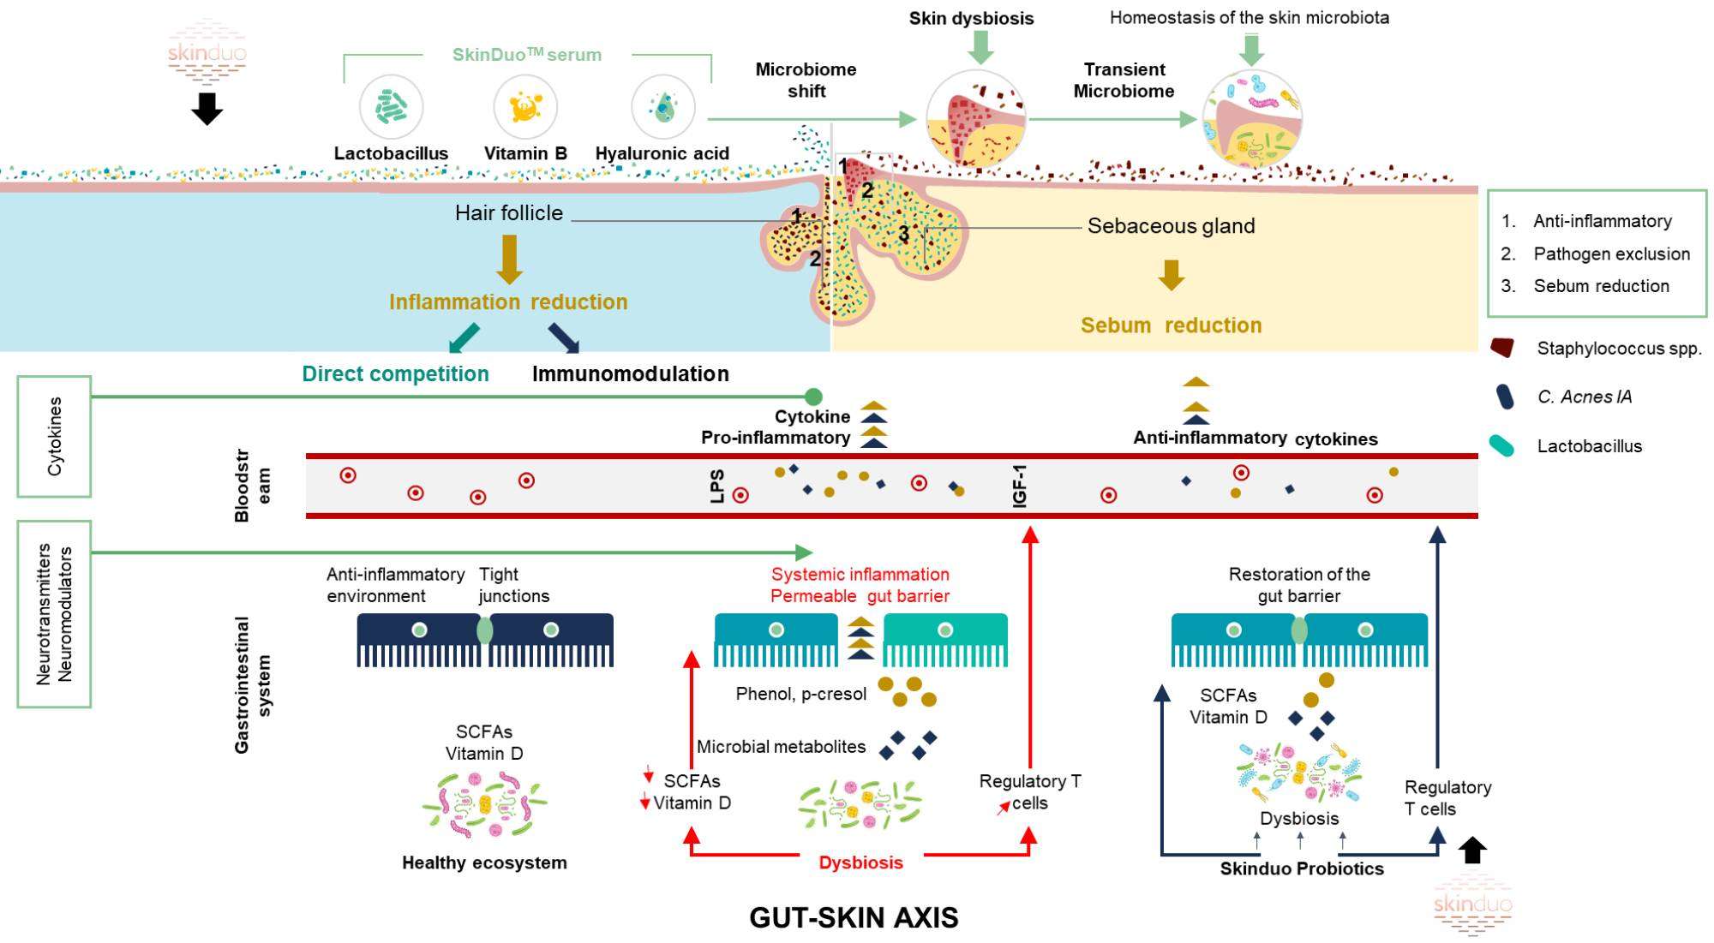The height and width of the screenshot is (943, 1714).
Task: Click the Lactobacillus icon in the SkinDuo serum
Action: [391, 108]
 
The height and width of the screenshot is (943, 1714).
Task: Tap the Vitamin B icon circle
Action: [525, 108]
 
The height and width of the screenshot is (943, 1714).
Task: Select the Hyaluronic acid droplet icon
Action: [662, 108]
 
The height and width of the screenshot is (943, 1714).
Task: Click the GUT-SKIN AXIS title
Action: [854, 917]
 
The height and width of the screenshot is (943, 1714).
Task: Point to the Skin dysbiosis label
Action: [971, 18]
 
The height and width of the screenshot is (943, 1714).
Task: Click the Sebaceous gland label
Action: [1171, 226]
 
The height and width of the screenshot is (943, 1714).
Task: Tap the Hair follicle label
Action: [509, 213]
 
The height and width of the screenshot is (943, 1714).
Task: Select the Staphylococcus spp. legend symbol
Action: [1502, 348]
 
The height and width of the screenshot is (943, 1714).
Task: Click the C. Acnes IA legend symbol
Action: [1503, 397]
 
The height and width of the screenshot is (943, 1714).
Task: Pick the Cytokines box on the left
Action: [55, 436]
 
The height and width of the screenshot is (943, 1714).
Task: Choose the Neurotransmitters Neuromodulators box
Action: [55, 614]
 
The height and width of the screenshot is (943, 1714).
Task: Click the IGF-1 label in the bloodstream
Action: [1020, 486]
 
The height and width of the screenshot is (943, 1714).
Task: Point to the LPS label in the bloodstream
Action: [717, 486]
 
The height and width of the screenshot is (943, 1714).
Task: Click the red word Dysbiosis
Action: [860, 862]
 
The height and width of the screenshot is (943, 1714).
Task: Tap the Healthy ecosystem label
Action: [484, 862]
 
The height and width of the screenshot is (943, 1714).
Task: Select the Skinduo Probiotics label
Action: [1302, 868]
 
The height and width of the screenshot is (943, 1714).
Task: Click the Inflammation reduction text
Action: [508, 302]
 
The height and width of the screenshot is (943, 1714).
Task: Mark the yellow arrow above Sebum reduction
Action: [1171, 275]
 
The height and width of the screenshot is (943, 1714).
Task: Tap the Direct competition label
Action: [395, 374]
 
